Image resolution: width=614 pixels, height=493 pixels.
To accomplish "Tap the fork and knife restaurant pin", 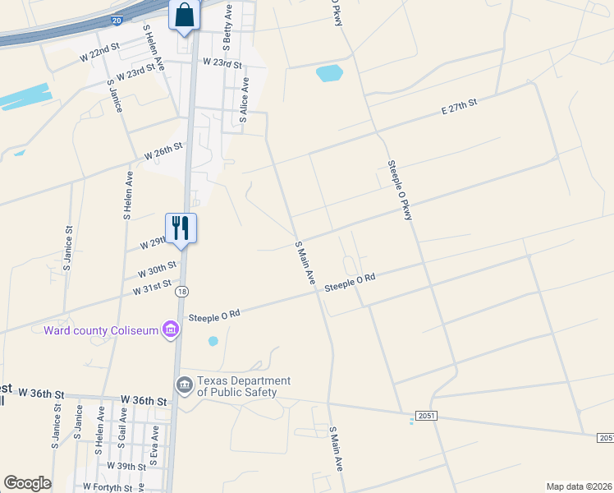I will click(x=181, y=228).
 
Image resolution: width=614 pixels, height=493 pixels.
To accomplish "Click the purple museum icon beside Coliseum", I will click(x=171, y=330).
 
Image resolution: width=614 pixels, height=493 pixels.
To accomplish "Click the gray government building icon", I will click(x=184, y=385).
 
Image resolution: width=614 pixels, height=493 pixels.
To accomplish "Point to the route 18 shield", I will click(x=182, y=291).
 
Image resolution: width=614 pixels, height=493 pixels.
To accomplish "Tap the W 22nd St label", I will click(x=99, y=53).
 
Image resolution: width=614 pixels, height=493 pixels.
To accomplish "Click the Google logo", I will click(x=27, y=483).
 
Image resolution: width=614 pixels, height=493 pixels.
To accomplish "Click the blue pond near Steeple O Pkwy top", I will click(x=328, y=73).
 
